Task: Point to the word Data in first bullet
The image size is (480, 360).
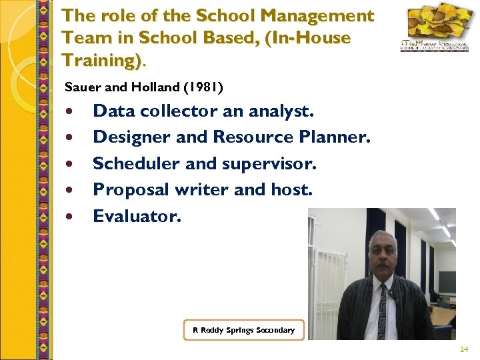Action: point(112,111)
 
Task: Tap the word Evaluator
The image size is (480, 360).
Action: point(137,216)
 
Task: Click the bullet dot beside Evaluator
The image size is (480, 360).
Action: point(69,217)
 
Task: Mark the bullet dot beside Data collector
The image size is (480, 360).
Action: point(69,111)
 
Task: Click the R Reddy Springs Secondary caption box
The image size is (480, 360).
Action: point(243,330)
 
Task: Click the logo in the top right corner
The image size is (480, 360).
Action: point(433,30)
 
